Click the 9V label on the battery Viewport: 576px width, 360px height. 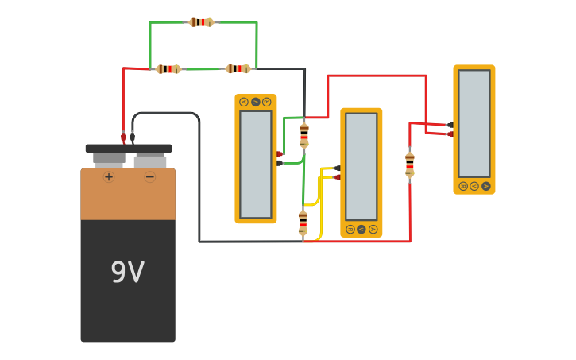coord(127,273)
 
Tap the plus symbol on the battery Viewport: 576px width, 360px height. coord(109,176)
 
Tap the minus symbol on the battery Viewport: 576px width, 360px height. coord(149,176)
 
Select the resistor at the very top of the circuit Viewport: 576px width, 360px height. coord(201,22)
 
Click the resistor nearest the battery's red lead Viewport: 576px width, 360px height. coord(168,69)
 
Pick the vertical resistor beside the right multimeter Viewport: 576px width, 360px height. coord(410,164)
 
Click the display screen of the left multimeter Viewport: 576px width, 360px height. coord(256,164)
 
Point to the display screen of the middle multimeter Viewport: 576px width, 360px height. coord(361,167)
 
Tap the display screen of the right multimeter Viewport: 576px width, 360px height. coord(474,123)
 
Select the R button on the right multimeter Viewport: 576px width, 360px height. coord(463,186)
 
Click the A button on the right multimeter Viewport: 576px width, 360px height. coord(486,186)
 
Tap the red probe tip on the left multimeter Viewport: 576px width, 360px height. coord(279,153)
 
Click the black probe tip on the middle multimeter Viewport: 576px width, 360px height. coord(338,168)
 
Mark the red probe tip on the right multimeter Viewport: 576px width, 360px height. coord(450,134)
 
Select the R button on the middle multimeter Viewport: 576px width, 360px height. coord(350,229)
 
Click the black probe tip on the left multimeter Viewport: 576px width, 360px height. coord(279,163)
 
